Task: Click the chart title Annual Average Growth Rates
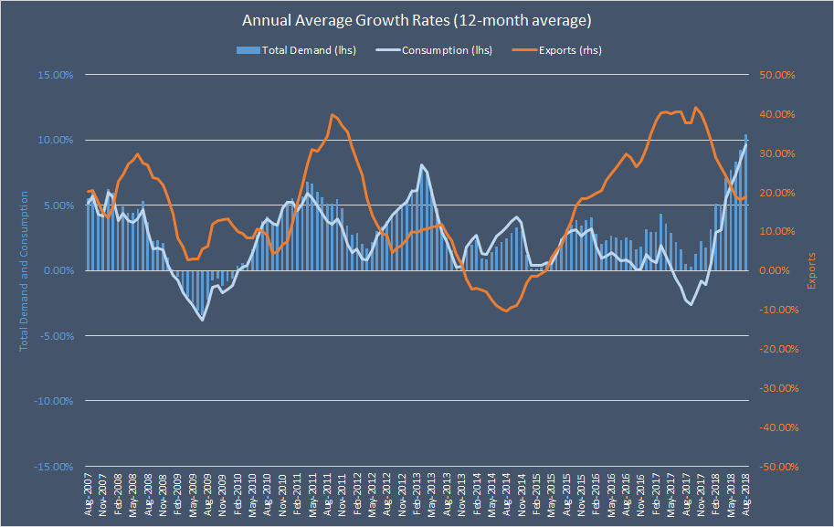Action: coord(416,19)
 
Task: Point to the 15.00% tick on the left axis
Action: coord(54,75)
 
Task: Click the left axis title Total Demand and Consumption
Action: coord(25,270)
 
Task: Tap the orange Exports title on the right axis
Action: coord(810,270)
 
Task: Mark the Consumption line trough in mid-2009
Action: coord(202,320)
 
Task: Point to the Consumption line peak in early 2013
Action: coord(421,165)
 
